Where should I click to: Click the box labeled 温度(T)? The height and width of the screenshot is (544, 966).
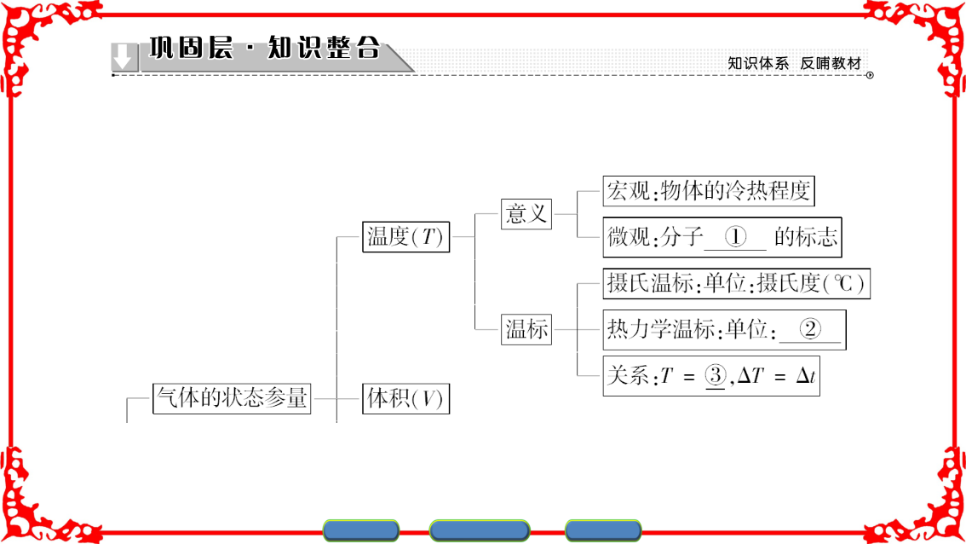(406, 237)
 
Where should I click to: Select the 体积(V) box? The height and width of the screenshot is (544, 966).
(406, 398)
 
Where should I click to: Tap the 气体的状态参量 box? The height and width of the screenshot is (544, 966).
(232, 398)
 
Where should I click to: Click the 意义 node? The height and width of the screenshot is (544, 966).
(526, 214)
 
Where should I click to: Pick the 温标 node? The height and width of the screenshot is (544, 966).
(526, 329)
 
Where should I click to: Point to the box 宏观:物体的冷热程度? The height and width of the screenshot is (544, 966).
(709, 191)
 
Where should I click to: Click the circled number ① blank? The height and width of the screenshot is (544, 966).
(735, 237)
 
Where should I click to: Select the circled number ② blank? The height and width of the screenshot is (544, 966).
(810, 329)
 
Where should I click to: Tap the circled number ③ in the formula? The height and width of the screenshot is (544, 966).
(716, 375)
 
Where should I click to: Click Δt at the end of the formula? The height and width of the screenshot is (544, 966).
(806, 375)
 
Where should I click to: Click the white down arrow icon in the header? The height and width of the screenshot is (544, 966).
(124, 57)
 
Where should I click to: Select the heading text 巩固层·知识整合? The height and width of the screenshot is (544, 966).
(265, 48)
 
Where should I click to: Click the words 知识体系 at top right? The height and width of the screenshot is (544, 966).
(758, 64)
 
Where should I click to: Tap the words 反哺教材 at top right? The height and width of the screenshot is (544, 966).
(831, 64)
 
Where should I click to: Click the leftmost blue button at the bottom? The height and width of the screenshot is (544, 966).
(361, 530)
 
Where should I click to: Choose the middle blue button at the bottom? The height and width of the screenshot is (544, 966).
(480, 530)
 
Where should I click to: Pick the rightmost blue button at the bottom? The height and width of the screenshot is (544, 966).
(603, 530)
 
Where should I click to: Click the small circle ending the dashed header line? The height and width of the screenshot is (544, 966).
(870, 75)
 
